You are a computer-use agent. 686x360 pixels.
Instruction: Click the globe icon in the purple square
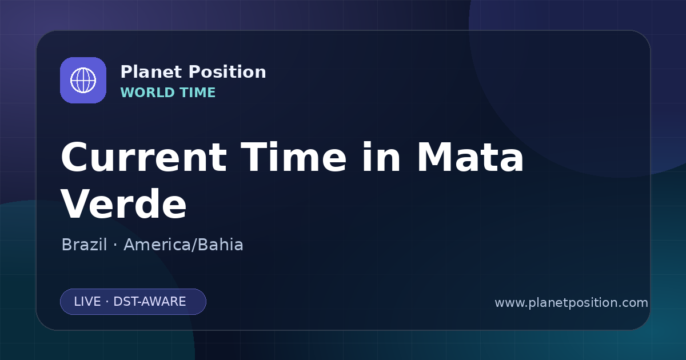tap(83, 80)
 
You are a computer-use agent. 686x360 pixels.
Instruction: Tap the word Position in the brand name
tap(228, 72)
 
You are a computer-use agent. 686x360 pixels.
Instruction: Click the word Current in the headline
tap(143, 157)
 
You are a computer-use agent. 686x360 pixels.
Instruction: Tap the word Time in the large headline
tap(293, 157)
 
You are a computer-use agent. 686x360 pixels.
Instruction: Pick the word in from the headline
tap(381, 157)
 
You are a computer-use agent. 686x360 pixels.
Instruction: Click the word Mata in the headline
tap(470, 157)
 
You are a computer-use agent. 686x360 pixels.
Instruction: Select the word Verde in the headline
tap(123, 203)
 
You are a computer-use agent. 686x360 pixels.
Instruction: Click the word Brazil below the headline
tap(84, 245)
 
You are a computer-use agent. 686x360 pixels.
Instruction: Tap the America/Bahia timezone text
tap(184, 245)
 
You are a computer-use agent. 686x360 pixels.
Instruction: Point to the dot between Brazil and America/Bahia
tap(115, 245)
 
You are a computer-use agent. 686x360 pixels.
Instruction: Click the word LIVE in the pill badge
tap(87, 302)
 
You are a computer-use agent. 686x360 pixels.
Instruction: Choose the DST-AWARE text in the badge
tap(149, 302)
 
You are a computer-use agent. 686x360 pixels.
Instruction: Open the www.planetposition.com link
tap(571, 303)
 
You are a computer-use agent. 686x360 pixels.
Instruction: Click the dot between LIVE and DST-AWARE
tap(107, 302)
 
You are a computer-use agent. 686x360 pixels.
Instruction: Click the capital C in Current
tap(75, 157)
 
